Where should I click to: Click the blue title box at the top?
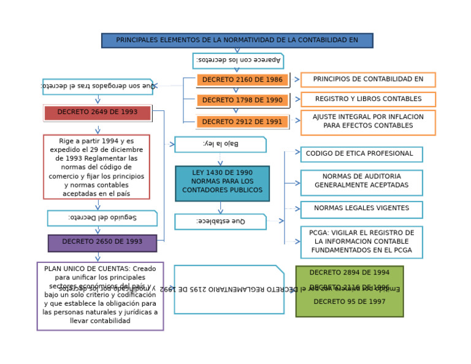237,40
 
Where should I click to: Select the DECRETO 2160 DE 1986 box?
242,80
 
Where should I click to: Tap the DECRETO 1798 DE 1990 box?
242,100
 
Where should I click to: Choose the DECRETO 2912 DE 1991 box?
242,122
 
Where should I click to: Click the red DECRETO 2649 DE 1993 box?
97,113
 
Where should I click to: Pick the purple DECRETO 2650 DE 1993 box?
102,243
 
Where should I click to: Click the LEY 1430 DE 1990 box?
222,183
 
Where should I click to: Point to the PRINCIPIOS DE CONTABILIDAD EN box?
368,80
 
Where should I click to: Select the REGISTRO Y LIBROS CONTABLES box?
368,99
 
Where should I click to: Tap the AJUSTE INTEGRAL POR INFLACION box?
368,122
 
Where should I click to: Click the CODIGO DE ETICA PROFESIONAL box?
361,154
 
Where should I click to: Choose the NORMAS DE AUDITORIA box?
361,182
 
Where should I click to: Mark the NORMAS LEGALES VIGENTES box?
361,209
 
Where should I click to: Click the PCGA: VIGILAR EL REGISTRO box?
361,242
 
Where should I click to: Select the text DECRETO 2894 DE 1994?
349,273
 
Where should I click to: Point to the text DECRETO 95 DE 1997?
349,301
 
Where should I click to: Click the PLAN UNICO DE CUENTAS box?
100,296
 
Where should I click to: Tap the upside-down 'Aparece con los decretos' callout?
238,61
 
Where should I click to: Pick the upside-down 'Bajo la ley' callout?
220,144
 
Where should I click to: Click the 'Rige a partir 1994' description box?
96,167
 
